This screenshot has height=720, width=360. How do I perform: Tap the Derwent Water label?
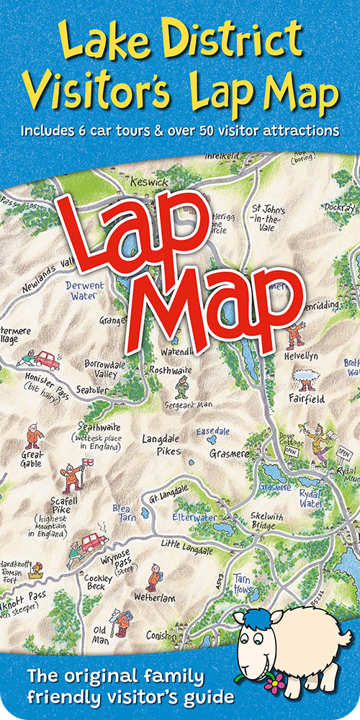[84, 290]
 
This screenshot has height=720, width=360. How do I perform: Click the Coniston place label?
[159, 636]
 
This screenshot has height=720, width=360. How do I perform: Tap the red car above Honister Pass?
[46, 359]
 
